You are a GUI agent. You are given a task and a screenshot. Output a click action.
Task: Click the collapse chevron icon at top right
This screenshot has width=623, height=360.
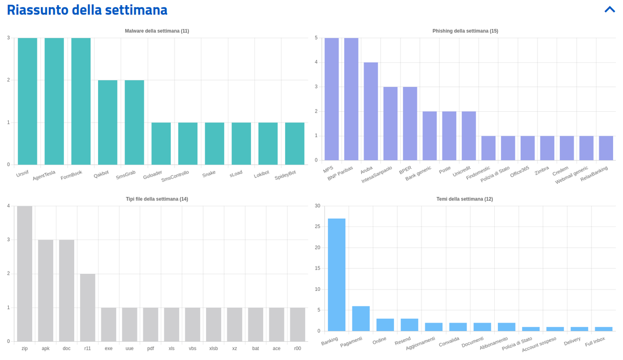click(610, 9)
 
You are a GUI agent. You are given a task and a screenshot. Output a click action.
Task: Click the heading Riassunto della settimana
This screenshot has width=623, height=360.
click(87, 10)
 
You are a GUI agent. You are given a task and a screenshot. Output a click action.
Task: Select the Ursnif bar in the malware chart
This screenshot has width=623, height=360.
click(28, 101)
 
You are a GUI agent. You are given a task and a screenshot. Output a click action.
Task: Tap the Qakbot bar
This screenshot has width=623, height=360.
click(107, 123)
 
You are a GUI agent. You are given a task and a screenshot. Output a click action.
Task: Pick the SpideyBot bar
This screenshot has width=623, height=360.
click(294, 143)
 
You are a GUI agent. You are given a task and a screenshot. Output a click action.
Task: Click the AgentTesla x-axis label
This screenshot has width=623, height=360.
click(44, 175)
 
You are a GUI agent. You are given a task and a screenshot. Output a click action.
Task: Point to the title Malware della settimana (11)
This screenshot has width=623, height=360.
click(157, 31)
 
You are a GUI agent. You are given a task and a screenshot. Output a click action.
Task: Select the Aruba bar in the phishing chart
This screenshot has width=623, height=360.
click(371, 111)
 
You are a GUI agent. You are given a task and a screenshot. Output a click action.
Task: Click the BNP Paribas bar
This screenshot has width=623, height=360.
click(351, 99)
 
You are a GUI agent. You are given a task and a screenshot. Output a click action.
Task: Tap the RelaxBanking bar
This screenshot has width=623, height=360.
click(606, 148)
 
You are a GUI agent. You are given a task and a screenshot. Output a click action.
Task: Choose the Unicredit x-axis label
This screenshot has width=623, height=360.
click(462, 171)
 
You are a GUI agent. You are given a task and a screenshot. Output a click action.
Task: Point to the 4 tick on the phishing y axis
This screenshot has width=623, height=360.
click(316, 62)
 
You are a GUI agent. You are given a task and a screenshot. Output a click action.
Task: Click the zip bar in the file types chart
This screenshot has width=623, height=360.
click(25, 274)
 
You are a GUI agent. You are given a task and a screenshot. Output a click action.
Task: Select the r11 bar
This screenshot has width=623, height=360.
click(88, 308)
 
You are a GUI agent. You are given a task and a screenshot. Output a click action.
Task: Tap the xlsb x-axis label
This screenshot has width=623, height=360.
click(213, 349)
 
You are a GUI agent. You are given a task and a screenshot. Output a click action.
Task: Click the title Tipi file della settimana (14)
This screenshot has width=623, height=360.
click(157, 199)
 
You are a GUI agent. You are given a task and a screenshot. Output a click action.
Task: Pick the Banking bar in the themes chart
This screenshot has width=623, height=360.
click(336, 275)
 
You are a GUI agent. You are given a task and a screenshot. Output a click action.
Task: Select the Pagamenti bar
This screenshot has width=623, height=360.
click(361, 318)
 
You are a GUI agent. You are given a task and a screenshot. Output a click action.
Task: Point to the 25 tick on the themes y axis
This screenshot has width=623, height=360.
click(317, 226)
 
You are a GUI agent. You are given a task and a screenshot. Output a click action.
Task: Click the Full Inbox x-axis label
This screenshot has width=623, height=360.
click(595, 342)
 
